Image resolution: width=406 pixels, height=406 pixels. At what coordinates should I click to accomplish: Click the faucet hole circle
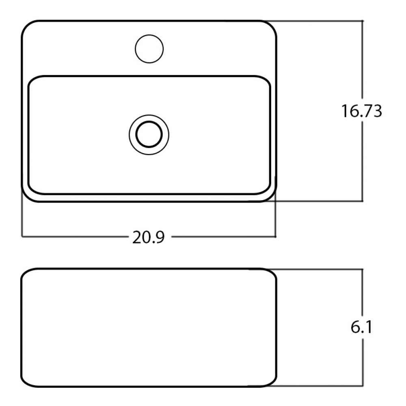pos(149,35)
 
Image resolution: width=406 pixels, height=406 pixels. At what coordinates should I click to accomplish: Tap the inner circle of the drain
pos(149,121)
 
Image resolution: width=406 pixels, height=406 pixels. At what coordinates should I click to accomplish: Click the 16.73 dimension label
pos(361,111)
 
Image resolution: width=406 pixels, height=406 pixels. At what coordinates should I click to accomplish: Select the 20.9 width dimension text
pos(148,237)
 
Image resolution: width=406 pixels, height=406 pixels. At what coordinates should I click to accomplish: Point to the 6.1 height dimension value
pos(361,327)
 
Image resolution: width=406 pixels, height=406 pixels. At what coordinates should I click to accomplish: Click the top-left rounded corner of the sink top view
pos(26,25)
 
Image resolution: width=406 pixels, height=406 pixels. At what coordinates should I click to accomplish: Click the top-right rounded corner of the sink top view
pos(272,25)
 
